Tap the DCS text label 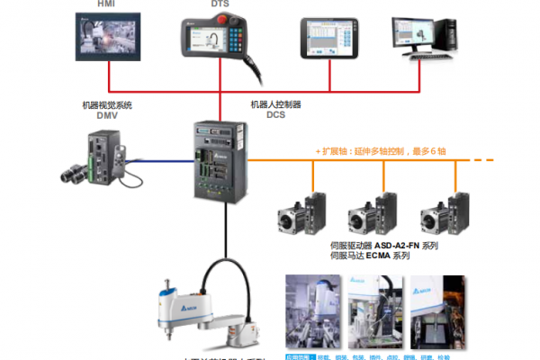tap(276, 115)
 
